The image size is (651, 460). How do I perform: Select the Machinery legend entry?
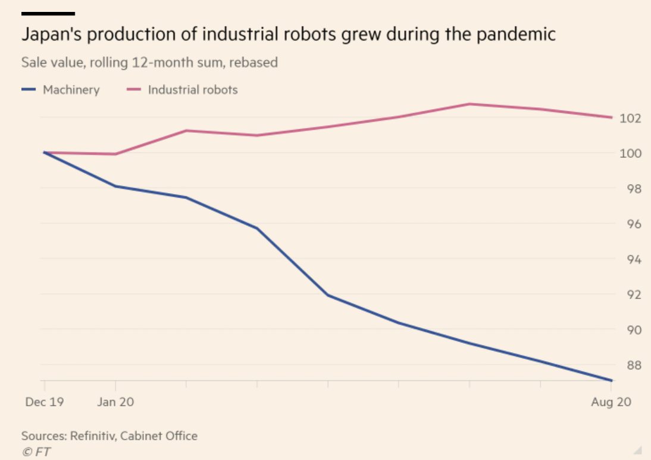point(71,90)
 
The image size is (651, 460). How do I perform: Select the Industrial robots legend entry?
point(192,90)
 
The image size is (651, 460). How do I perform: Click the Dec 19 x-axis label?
point(44,402)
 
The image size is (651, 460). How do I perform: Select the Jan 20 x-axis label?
point(115,402)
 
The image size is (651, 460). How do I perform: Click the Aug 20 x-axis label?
point(611,402)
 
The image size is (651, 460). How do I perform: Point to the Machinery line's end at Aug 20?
point(611,380)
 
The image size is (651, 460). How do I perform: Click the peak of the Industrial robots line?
point(470,104)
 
